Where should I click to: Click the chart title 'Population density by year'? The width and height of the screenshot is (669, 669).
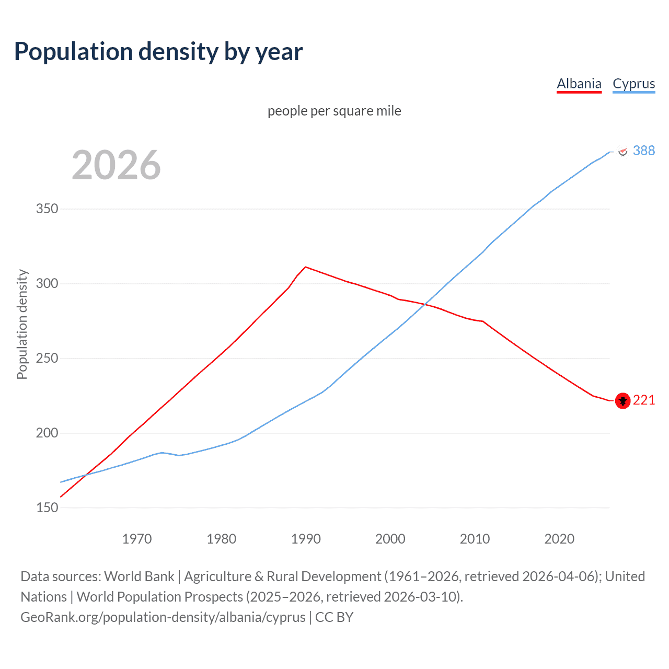coord(158,52)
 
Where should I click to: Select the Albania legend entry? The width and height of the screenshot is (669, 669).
coord(579,84)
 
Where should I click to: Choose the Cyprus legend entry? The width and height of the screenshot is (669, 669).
coord(633,84)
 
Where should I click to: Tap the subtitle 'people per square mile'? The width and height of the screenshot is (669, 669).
coord(334,111)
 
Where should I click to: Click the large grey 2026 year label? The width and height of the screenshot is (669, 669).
coord(116,165)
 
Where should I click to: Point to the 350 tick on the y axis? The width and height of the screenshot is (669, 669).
coord(47,209)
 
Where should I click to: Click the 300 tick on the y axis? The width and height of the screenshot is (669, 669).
coord(47,284)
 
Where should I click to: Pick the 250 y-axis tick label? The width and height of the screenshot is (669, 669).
coord(47,359)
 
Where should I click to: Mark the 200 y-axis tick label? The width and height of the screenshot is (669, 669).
coord(47,433)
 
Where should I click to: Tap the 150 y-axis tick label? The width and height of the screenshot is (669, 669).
coord(47,508)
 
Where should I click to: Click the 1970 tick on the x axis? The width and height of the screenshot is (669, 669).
coord(137,539)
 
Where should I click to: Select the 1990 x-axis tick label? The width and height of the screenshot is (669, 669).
coord(306,539)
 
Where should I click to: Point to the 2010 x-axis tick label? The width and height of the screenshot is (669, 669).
coord(475,539)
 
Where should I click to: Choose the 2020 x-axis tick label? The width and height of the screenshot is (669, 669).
coord(559,539)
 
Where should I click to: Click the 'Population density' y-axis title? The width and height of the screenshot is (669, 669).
coord(22,324)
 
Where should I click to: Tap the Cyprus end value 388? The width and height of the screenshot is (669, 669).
coord(643,151)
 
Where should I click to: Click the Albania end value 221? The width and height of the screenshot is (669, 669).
coord(643,400)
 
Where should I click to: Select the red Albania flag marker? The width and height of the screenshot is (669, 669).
coord(622,401)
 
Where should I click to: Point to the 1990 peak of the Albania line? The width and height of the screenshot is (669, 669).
coord(305,267)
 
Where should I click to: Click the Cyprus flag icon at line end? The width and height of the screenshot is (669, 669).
coord(622,152)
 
